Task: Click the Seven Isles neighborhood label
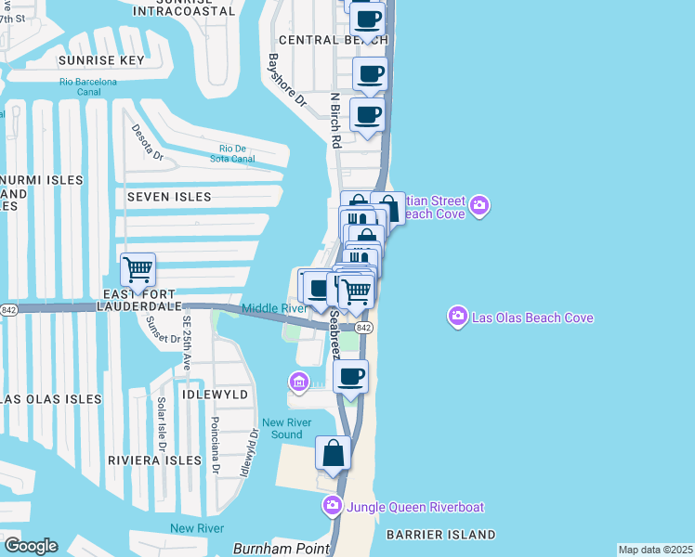point(169,197)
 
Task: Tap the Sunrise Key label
point(101,60)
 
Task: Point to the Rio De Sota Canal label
point(237,153)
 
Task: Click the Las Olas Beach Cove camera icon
point(457,317)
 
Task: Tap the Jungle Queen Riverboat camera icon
point(333,507)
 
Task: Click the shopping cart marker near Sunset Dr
point(138,270)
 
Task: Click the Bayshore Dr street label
point(286,79)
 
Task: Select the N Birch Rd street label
point(335,120)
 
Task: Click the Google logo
point(31,546)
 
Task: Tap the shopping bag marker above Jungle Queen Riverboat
point(334,453)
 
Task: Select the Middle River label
point(274,308)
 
